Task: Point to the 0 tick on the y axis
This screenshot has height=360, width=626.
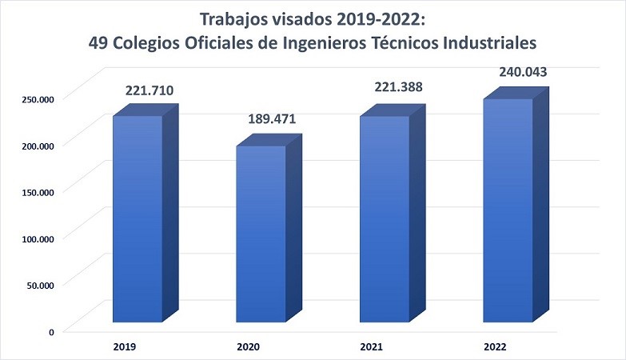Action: (x=51, y=331)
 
